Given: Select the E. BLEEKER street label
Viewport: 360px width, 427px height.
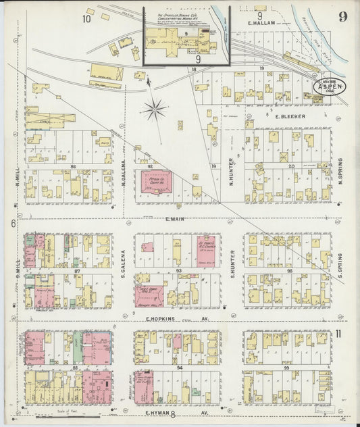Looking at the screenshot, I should pyautogui.click(x=290, y=116).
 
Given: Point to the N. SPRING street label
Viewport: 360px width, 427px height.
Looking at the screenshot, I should pyautogui.click(x=340, y=169).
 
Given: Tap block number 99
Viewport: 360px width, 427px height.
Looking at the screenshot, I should pyautogui.click(x=286, y=368).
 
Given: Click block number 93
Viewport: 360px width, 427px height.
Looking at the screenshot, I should pyautogui.click(x=178, y=270).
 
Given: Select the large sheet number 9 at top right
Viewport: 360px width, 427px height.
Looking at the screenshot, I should pyautogui.click(x=343, y=16).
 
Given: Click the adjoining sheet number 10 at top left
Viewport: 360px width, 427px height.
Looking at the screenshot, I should pyautogui.click(x=88, y=18).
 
